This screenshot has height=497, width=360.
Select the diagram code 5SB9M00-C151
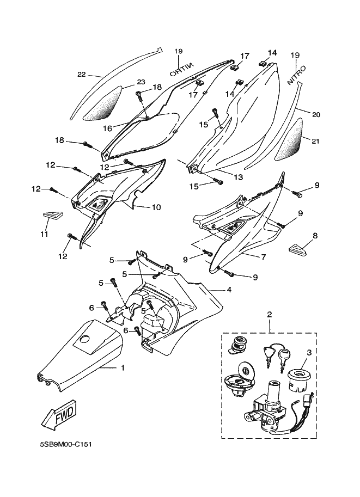tap(66, 444)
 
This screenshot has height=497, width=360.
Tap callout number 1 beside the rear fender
tap(123, 367)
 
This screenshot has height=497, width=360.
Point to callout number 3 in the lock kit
tap(309, 352)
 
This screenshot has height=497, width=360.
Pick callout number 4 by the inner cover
tap(229, 290)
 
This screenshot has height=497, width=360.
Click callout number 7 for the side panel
tap(263, 257)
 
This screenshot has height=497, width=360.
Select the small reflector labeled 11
tap(51, 216)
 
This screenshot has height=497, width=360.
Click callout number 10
tap(156, 207)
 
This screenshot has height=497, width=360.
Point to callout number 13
tap(238, 177)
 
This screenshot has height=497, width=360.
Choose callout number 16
tap(107, 128)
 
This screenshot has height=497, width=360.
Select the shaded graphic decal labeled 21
tap(290, 139)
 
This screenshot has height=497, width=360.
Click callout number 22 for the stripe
tap(82, 75)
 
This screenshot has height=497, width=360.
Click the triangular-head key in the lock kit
tap(266, 356)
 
